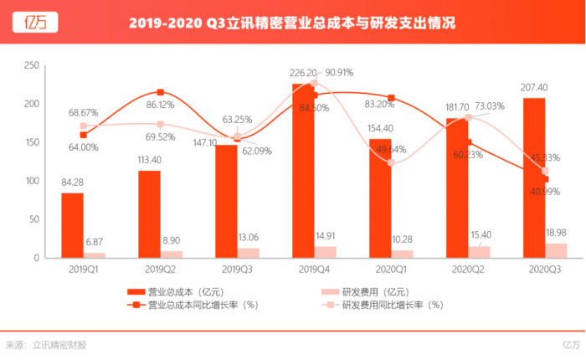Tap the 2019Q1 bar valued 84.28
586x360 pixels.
coord(73,225)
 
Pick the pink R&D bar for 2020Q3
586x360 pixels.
coord(556,249)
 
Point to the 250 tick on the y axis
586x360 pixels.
coord(32,65)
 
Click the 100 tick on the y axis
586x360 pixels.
coord(32,181)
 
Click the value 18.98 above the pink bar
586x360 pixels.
coord(557,231)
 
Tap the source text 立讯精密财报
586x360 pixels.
coord(59,344)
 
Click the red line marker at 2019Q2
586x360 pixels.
coord(160,92)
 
